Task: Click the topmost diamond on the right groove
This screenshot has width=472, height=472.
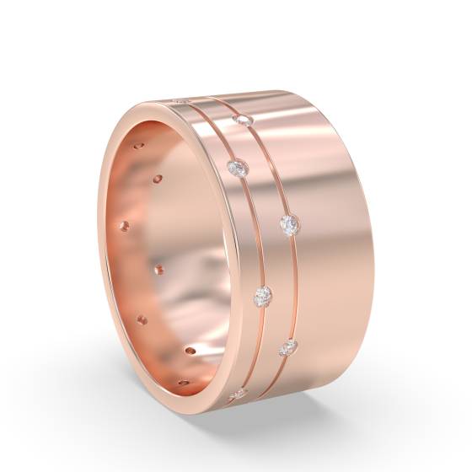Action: pos(245,121)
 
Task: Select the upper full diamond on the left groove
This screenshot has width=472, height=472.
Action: pos(238,169)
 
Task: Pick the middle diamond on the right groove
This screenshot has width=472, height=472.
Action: pos(288,224)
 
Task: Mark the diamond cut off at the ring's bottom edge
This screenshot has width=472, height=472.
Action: pos(236,394)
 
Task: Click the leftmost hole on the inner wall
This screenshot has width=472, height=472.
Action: pos(124,226)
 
